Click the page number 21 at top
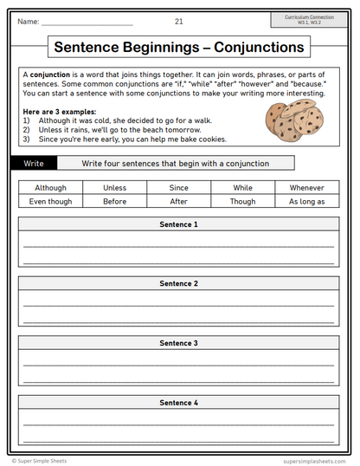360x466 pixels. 179,21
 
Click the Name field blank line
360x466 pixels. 87,23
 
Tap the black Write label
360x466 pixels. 35,163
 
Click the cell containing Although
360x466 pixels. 50,187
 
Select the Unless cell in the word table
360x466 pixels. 114,187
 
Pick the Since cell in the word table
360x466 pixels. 179,187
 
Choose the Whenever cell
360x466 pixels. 306,187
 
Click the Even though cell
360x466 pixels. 50,201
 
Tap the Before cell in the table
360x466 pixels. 114,201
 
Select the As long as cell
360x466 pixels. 306,201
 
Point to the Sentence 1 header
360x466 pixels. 179,224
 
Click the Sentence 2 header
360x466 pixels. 179,283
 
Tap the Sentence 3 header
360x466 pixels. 179,343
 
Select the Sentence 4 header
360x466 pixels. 179,403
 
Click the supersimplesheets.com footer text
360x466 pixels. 315,461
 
